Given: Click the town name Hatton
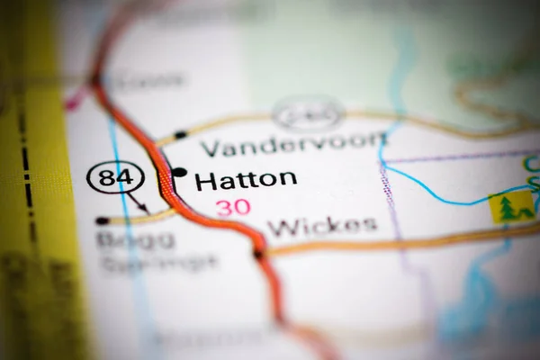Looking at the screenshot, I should (246, 179).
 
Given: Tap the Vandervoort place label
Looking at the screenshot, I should (293, 145).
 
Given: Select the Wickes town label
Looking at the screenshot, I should (322, 226).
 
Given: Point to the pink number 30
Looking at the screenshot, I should (232, 208).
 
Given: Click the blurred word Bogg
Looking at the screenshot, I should (124, 240).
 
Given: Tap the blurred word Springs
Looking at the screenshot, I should (158, 263).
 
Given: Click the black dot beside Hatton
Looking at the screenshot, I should (179, 172).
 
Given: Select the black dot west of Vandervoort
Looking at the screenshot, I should (181, 135).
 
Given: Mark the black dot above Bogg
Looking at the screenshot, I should (103, 220).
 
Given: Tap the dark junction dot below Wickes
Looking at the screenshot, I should (258, 255).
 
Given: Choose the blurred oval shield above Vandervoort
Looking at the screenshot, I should (308, 113).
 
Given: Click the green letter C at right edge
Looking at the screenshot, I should (531, 165).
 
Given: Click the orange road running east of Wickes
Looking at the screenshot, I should (405, 241).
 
